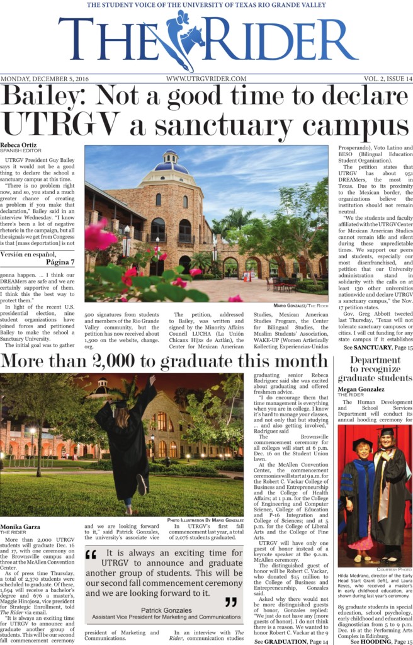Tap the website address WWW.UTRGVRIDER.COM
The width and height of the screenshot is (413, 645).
click(x=206, y=79)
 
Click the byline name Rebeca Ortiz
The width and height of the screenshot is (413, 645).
click(x=23, y=146)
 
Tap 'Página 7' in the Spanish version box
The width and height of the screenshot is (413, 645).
click(x=60, y=261)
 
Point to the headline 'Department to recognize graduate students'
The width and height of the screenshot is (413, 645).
click(x=375, y=369)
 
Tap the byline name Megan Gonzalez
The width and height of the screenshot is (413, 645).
click(x=361, y=389)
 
